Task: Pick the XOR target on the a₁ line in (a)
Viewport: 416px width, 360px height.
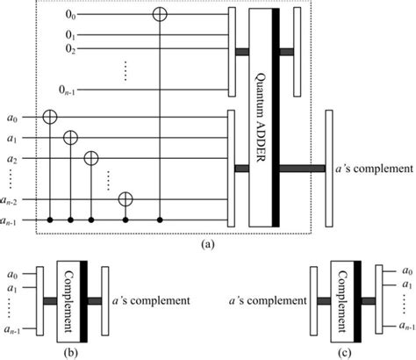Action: pos(71,137)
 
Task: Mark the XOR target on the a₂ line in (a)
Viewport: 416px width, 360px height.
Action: pos(90,158)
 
